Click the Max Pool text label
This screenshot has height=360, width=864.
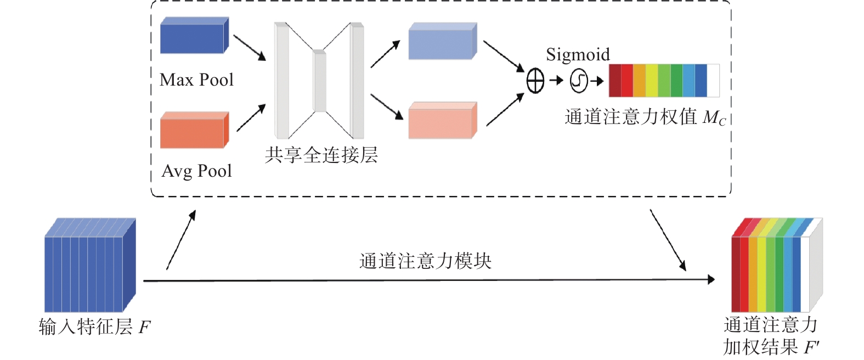coord(196,80)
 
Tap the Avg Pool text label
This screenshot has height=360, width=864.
coord(196,171)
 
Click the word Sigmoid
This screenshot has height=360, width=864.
coord(578,54)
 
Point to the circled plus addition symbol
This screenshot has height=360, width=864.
coord(535,82)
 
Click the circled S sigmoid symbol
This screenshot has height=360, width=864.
coord(579,81)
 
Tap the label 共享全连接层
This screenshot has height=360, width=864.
coord(321,155)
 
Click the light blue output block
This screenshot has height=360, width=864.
coord(442,42)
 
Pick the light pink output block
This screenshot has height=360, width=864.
coord(442,121)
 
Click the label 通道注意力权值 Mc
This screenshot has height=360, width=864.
coord(645,117)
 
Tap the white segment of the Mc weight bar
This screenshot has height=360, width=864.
coord(713,81)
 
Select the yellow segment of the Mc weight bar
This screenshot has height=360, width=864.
coord(652,81)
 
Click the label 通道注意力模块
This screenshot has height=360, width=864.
coord(425,261)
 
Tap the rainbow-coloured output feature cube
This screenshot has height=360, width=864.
coord(776,267)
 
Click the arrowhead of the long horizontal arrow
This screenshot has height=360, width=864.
coord(711,280)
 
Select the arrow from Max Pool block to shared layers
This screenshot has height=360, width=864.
coord(250,48)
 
